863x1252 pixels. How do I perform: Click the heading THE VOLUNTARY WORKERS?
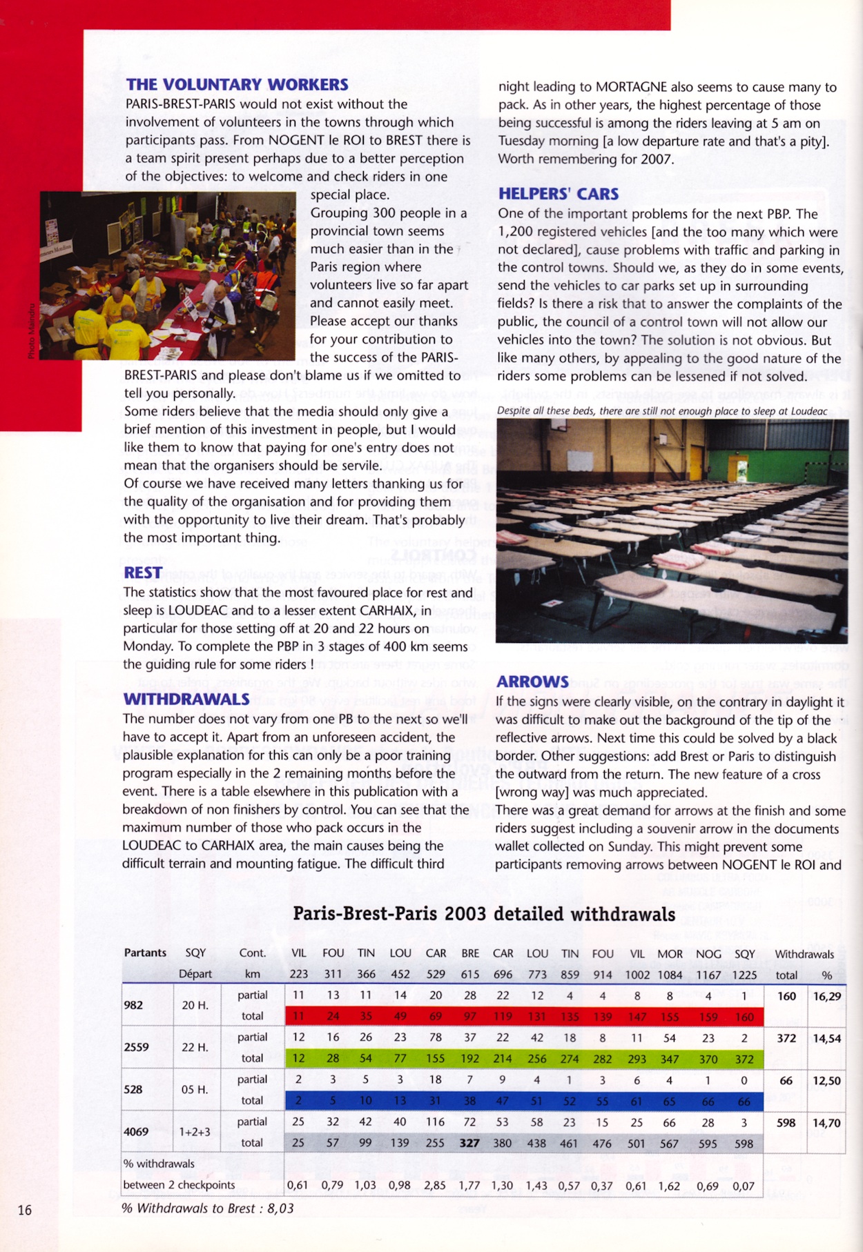(x=237, y=85)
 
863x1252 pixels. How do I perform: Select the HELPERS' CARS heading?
(x=558, y=194)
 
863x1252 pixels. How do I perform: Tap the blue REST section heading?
(x=143, y=573)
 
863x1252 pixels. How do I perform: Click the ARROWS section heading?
(x=532, y=682)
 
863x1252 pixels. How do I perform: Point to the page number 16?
(x=25, y=1209)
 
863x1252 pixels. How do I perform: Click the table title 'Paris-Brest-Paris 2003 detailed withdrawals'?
(x=484, y=914)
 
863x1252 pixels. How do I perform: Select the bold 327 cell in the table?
(x=469, y=1143)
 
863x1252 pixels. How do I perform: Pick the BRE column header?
(x=470, y=953)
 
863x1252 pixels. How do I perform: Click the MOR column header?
(x=670, y=954)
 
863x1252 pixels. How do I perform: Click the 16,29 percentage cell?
(x=826, y=996)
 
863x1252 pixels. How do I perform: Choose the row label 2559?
(x=136, y=1047)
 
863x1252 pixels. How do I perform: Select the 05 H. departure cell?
(x=195, y=1090)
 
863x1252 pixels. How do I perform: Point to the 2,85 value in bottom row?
(x=435, y=1186)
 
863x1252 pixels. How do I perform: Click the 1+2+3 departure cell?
(x=195, y=1132)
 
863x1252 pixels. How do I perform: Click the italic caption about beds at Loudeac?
(x=661, y=411)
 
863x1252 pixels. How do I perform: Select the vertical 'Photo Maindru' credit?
(x=30, y=331)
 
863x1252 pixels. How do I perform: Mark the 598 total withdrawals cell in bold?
(x=786, y=1122)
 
